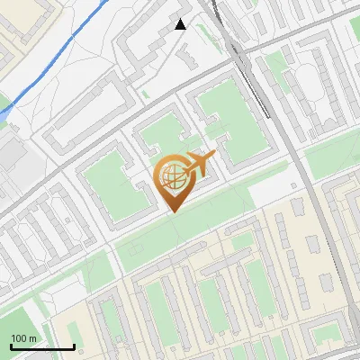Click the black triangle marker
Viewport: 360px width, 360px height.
[181, 24]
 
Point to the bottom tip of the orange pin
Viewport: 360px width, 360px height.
[172, 211]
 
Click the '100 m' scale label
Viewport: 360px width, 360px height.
[24, 338]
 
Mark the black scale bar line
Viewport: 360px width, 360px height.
[42, 346]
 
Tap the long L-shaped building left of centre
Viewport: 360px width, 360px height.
[76, 117]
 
